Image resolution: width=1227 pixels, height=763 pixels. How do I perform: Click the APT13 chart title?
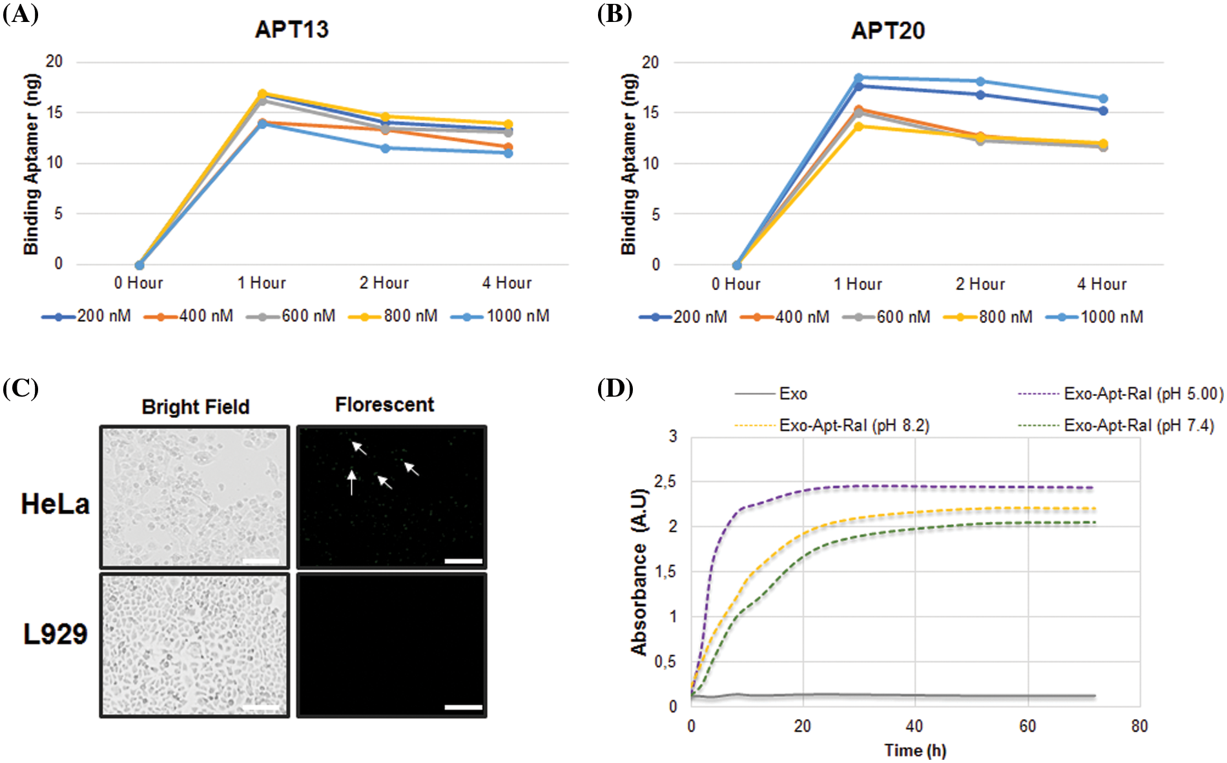[x=292, y=30]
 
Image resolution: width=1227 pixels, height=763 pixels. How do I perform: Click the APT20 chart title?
[x=888, y=31]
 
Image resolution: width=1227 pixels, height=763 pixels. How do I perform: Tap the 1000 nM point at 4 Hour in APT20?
[x=1103, y=99]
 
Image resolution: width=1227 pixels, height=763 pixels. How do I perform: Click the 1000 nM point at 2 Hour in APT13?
[x=386, y=149]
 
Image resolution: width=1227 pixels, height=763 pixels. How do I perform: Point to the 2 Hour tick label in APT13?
[x=384, y=283]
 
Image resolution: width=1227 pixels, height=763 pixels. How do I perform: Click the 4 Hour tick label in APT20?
[x=1102, y=284]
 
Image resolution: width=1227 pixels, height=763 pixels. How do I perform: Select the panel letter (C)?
[x=20, y=389]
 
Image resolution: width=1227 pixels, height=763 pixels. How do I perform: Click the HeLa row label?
[x=55, y=504]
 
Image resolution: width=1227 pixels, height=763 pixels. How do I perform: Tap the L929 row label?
[x=55, y=634]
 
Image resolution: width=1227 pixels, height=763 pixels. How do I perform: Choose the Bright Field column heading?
[x=196, y=407]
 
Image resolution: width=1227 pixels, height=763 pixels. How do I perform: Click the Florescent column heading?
[x=384, y=405]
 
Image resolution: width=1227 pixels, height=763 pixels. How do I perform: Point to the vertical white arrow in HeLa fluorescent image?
[x=351, y=483]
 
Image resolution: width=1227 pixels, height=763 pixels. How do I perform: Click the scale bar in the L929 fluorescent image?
[x=463, y=707]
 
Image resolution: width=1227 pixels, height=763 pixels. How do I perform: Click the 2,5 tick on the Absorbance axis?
[x=665, y=482]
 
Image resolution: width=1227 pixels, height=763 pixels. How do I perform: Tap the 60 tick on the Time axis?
[x=1027, y=726]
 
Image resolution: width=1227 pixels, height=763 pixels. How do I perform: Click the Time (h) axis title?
[x=915, y=751]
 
